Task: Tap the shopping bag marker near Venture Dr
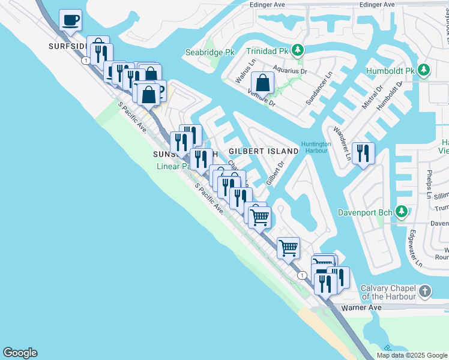click(x=262, y=82)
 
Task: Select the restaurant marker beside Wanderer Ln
click(x=363, y=153)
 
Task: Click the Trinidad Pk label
click(x=268, y=50)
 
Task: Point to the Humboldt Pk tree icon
click(x=424, y=71)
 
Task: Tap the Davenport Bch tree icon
click(x=401, y=212)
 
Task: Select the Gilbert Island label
click(x=264, y=151)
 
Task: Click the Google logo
click(x=20, y=353)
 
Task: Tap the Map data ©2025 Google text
click(x=412, y=355)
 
